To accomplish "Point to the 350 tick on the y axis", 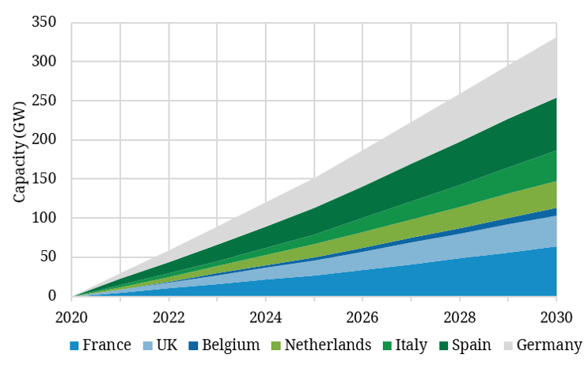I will click(44, 22).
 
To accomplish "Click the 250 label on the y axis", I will click(44, 101).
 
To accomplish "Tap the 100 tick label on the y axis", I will click(44, 218).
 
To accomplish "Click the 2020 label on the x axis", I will click(72, 316).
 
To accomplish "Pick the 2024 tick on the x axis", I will click(266, 316).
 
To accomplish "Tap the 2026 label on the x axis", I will click(362, 316).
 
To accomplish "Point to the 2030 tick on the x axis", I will click(556, 316).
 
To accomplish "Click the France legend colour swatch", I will click(75, 346).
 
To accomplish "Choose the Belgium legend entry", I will click(230, 345).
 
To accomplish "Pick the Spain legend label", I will click(476, 345).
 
